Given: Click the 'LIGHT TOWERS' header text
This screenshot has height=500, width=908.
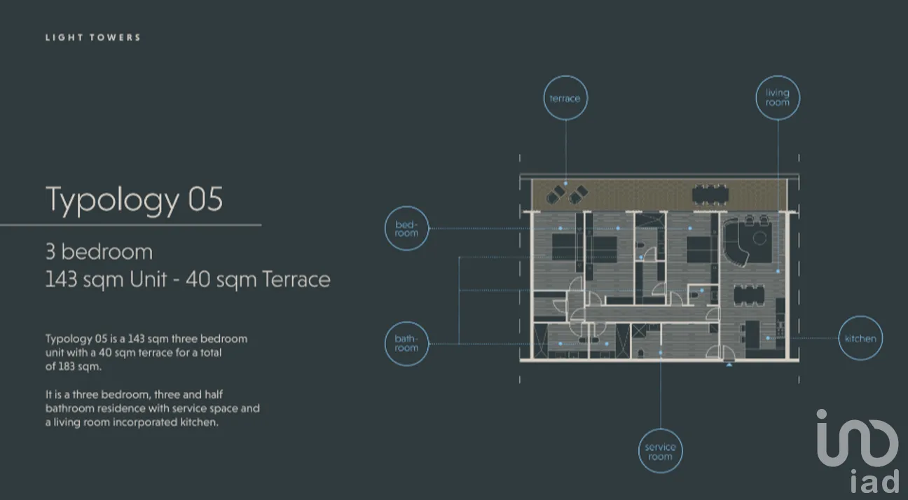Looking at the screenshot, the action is (92, 38).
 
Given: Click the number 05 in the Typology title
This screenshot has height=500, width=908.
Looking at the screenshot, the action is (205, 199).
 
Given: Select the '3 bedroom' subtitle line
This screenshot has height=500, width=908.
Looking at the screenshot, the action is (99, 251).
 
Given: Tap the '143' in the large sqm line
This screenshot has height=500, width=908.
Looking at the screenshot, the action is (61, 279).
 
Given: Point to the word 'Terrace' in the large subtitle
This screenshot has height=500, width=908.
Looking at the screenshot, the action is (296, 279).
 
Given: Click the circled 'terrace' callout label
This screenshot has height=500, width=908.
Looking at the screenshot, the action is (565, 97).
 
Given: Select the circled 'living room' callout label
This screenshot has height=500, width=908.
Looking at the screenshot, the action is (778, 97).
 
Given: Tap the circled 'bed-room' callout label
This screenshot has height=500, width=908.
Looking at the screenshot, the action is (406, 228).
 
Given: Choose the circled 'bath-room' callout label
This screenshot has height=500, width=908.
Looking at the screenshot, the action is (406, 344).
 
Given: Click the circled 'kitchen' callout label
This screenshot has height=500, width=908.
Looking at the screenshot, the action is (860, 338).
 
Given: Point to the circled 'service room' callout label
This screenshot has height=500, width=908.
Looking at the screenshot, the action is (660, 451).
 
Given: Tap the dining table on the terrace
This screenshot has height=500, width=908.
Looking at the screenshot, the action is (710, 195).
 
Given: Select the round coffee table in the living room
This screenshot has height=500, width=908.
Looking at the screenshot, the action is (759, 238).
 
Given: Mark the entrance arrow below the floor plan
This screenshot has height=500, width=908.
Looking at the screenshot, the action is (729, 365).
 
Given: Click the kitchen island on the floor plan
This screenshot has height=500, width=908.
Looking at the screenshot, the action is (752, 334).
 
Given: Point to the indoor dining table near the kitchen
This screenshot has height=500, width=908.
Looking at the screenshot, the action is (749, 295).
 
